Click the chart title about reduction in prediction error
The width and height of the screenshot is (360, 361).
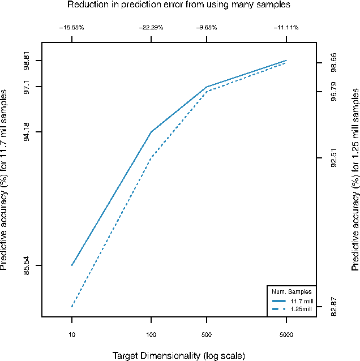179,5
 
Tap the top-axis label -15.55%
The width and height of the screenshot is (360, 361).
72,27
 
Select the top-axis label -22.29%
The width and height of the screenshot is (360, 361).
151,27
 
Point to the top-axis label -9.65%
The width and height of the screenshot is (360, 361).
207,27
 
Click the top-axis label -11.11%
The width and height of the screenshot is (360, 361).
286,27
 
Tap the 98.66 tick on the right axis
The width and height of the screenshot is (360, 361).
334,63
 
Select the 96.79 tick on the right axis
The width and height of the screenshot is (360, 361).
334,92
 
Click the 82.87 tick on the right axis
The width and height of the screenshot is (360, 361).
334,306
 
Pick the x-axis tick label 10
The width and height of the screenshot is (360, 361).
72,335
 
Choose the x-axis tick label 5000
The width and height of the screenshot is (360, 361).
286,335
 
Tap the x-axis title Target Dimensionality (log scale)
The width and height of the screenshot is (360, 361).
179,356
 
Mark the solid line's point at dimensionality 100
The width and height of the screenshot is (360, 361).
151,132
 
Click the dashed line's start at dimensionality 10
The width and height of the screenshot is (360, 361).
72,307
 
